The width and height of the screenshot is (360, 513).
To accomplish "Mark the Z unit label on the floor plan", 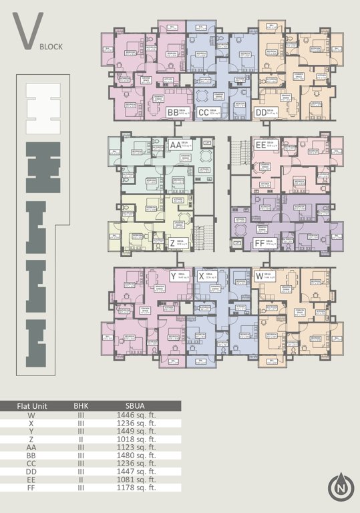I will pos(172,243).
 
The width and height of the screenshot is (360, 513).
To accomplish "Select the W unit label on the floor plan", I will pos(259,276).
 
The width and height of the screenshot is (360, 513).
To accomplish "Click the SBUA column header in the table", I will pos(137,406).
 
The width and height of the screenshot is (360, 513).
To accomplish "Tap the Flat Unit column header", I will pos(31,406).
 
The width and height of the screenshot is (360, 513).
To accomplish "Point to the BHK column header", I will pos(81,406).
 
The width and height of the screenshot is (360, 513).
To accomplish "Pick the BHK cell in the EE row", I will pos(81,480).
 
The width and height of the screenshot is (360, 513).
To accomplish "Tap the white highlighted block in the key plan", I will pos(43,108).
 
